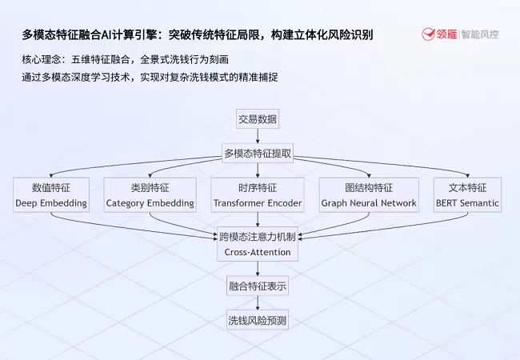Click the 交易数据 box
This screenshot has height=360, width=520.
(x=258, y=119)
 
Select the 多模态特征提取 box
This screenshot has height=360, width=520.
(x=258, y=153)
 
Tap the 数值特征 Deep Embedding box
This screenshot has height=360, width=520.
(x=51, y=195)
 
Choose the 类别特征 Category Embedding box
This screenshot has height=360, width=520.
(x=150, y=195)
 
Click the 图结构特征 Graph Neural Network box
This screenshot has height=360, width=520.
(x=369, y=195)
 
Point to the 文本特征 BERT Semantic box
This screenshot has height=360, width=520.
(x=467, y=195)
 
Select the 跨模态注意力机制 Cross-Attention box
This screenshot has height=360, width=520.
(x=258, y=244)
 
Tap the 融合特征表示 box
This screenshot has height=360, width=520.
(x=258, y=286)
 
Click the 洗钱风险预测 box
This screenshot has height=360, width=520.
(x=258, y=321)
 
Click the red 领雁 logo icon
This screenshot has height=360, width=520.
(x=428, y=35)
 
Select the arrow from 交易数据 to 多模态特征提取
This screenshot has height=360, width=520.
(x=258, y=136)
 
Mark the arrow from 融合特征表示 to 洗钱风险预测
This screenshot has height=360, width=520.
(x=258, y=303)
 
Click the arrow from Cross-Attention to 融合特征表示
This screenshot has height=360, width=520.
(x=258, y=267)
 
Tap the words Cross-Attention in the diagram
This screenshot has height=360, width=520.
(x=258, y=252)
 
